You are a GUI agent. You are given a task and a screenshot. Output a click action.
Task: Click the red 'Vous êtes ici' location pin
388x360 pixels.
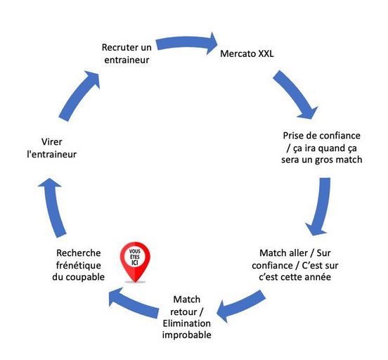pos(135,262)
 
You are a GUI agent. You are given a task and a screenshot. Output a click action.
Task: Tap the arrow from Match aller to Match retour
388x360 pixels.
pos(240,307)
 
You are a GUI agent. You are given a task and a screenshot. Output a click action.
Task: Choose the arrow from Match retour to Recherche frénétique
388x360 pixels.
pos(134,302)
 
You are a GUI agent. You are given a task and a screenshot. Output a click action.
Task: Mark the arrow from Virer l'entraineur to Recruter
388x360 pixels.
pos(79,96)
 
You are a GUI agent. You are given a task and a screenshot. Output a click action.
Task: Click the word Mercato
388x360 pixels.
pos(238,53)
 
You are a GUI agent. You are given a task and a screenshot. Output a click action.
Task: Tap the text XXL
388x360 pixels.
pos(266,53)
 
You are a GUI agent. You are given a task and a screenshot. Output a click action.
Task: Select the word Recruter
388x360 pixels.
pos(117,47)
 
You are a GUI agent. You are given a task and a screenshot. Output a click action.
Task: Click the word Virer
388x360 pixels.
pos(51,142)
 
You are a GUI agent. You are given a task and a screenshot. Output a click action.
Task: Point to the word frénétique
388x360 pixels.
pos(79,265)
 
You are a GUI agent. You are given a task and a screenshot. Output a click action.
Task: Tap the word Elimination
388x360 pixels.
pos(187,323)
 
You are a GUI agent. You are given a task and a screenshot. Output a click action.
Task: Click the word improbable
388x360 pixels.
pos(187,335)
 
